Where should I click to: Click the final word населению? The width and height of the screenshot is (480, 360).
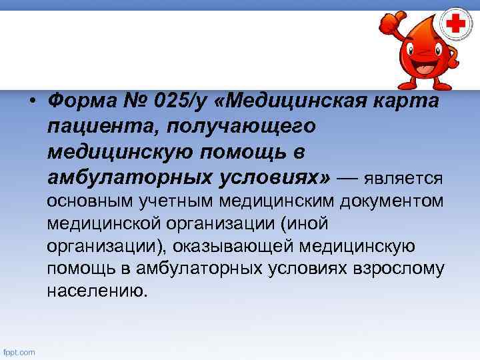pyautogui.click(x=95, y=291)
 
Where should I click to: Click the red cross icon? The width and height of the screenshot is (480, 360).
pyautogui.click(x=455, y=25)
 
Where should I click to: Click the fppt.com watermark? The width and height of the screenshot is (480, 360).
pyautogui.click(x=20, y=352)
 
